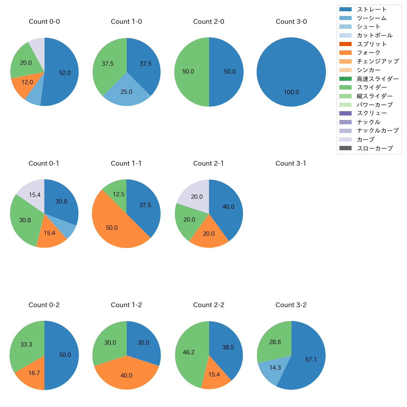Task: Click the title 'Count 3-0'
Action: pos(291,22)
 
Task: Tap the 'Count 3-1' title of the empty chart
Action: pos(291,163)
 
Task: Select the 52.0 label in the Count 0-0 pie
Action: pos(65,73)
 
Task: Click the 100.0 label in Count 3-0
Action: pos(291,92)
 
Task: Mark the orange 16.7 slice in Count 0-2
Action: pos(33,374)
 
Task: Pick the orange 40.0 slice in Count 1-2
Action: pos(126,375)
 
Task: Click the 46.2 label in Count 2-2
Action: pos(189,353)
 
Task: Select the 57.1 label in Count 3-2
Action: pos(311,360)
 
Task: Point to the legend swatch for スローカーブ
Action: pos(345,148)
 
